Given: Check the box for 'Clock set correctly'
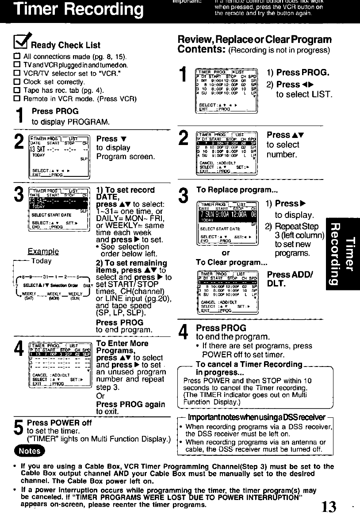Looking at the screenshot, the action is [18, 82].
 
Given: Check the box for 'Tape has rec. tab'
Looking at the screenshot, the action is [18, 91].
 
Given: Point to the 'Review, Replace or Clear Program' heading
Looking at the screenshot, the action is [254, 40].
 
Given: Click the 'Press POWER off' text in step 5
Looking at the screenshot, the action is [59, 423].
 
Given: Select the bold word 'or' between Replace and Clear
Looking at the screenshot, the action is [226, 253].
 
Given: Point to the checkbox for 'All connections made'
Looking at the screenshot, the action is [18, 57].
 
